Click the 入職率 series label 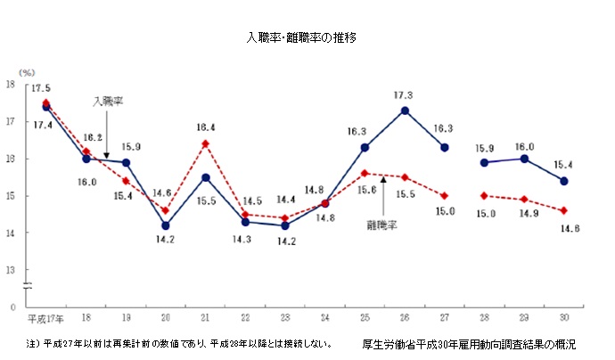tap(108, 102)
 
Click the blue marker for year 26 tap(405, 110)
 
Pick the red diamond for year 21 tap(205, 143)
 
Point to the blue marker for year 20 tap(165, 225)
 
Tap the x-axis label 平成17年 tap(44, 318)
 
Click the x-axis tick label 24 tap(324, 318)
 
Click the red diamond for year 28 tap(484, 195)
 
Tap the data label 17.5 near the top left tap(40, 88)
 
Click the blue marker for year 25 tap(365, 147)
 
